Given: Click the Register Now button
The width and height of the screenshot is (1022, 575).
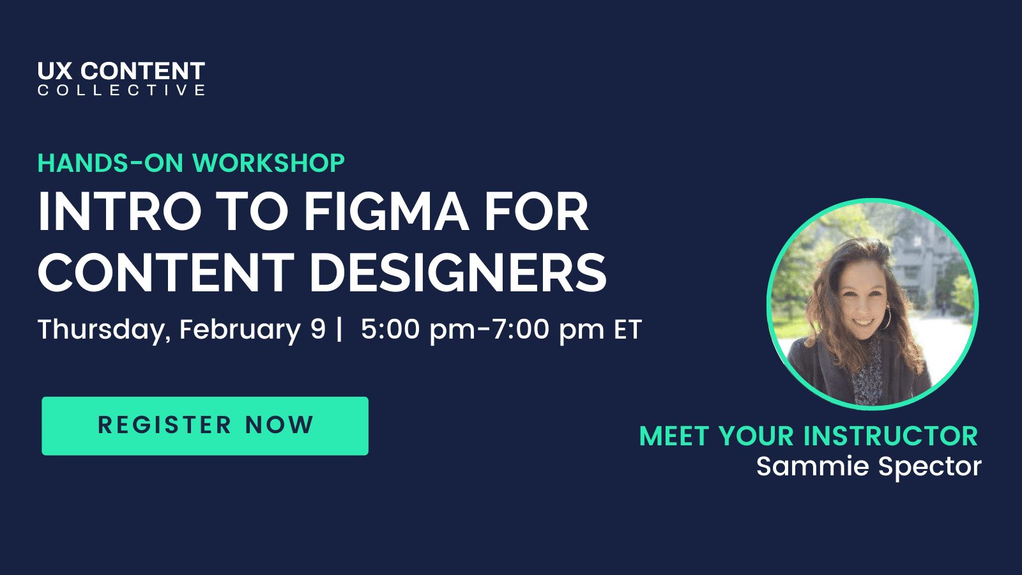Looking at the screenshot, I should (205, 425).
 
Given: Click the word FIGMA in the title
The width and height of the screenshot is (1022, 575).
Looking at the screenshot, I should (386, 212).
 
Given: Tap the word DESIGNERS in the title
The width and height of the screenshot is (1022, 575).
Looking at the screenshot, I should (458, 273).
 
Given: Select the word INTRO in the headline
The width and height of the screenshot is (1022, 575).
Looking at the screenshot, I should (119, 212).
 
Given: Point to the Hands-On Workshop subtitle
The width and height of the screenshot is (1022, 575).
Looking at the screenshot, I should (191, 164).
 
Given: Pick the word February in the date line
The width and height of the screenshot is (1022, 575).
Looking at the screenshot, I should (240, 330).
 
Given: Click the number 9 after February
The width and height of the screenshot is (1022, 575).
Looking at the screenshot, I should (318, 330).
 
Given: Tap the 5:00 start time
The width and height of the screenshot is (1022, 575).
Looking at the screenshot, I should (390, 330).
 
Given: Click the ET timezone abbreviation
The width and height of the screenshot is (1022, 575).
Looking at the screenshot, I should (627, 330).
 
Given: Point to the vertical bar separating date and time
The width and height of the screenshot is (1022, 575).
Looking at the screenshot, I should (339, 330).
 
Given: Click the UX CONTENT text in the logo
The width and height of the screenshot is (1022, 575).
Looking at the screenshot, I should (121, 70).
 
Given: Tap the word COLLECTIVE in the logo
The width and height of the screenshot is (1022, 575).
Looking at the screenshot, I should (121, 90).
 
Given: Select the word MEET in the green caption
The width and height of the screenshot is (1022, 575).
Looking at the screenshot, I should (674, 436).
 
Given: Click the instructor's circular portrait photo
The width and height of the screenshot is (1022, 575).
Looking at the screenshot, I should (873, 304).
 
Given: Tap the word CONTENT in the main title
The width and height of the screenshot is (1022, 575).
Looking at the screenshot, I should (166, 273).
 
